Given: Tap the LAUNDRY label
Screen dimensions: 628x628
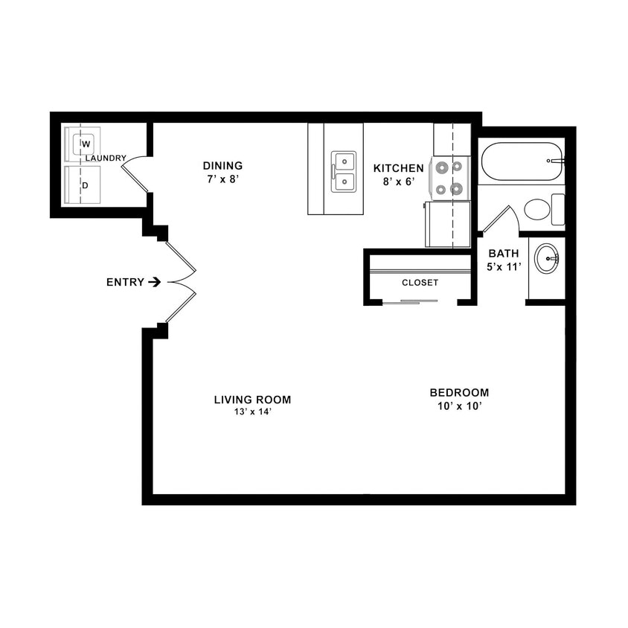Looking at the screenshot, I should (105, 158).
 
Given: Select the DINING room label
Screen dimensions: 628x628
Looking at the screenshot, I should (222, 166).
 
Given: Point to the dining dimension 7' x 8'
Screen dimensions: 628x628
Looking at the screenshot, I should (222, 180).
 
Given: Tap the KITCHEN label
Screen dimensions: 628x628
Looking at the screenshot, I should (398, 168).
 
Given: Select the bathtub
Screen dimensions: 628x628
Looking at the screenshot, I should (521, 161).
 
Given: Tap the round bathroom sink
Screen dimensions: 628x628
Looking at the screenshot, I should (547, 259).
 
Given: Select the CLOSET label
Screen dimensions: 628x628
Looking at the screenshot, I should (420, 283).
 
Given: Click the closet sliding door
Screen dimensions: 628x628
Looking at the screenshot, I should (420, 301).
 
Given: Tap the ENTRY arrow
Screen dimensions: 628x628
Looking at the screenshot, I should (154, 282).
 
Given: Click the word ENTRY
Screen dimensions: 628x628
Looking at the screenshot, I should (124, 282).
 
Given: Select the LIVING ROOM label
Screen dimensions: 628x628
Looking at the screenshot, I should (252, 400).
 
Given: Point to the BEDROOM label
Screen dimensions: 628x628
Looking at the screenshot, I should (459, 393).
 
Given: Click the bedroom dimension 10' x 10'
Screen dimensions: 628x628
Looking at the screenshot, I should (459, 406).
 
